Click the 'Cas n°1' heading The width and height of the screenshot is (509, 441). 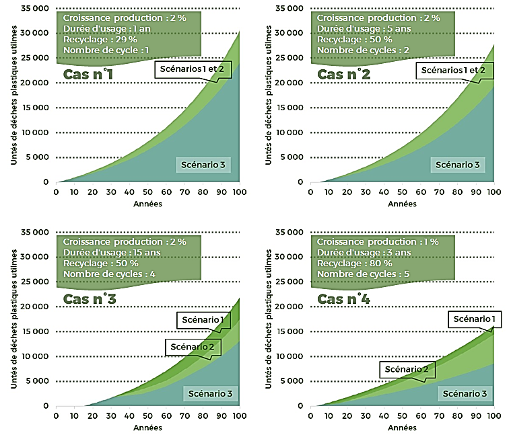[x=88, y=73]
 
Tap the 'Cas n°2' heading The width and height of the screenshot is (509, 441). [x=343, y=73]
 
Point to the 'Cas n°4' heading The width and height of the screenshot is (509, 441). [x=343, y=298]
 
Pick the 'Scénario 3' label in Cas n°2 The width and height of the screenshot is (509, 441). [x=457, y=164]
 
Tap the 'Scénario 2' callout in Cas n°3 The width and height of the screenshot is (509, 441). [x=192, y=347]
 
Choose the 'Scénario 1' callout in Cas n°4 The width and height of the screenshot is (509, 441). [x=474, y=319]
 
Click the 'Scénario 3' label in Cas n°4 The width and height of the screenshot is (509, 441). [x=461, y=393]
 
